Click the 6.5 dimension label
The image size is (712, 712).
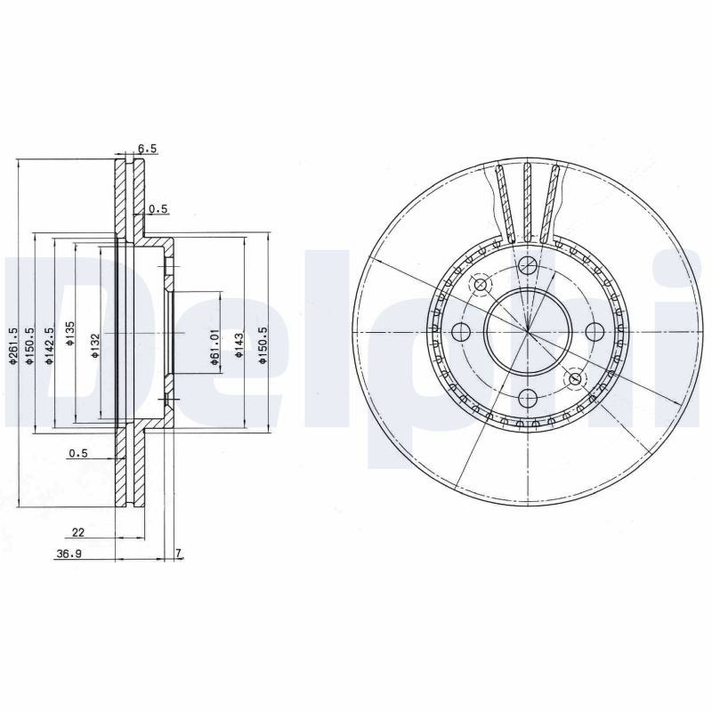tap(147, 148)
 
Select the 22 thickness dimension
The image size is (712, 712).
tap(78, 532)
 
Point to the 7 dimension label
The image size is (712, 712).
tap(179, 553)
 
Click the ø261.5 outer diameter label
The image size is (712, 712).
tap(13, 345)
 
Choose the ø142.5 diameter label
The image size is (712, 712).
tap(50, 345)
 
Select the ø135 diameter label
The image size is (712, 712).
tap(70, 334)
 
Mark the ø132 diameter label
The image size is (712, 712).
tap(95, 346)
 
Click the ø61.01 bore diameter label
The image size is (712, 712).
tap(214, 347)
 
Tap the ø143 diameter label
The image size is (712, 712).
tap(239, 346)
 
